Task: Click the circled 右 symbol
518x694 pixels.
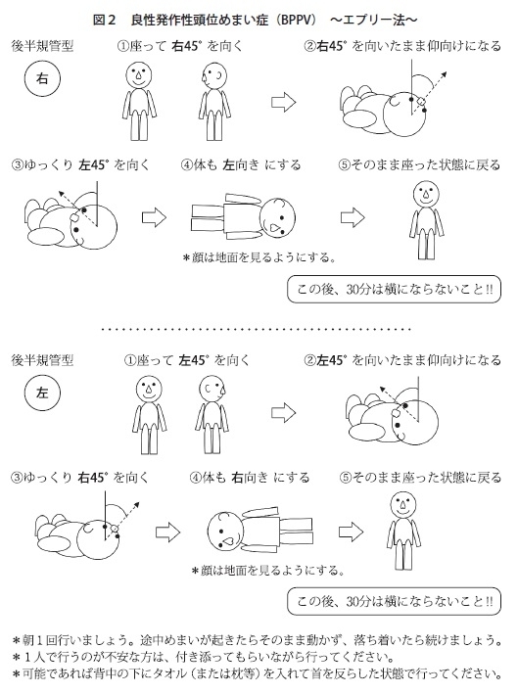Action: [x=42, y=78]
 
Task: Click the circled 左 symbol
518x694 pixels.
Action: [x=42, y=393]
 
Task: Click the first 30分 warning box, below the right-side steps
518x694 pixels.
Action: [x=394, y=290]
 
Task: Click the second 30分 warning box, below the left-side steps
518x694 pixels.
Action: [x=394, y=601]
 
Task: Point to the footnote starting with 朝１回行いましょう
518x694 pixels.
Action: [x=257, y=640]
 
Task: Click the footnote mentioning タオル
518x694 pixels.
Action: [x=257, y=673]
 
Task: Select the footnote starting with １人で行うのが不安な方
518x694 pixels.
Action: [x=203, y=657]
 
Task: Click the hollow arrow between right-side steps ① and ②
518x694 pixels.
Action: [x=283, y=102]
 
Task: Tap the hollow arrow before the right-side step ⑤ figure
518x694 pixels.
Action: [x=353, y=217]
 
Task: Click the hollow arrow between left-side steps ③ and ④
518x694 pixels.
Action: [x=167, y=532]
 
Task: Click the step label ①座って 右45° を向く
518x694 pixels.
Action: [x=180, y=46]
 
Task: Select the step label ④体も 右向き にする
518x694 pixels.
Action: [x=250, y=478]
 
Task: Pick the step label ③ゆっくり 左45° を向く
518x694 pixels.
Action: [x=80, y=165]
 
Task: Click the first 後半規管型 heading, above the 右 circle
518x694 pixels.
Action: [x=42, y=46]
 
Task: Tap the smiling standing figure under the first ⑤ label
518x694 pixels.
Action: [x=426, y=220]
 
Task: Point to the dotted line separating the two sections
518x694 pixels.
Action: [x=256, y=329]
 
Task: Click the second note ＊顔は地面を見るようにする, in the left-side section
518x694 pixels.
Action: [x=268, y=571]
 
